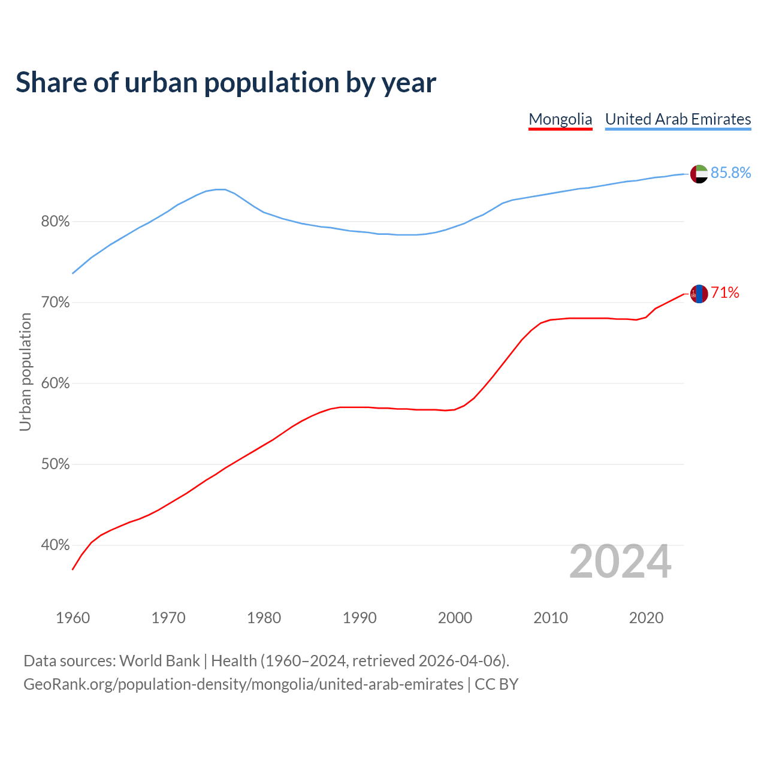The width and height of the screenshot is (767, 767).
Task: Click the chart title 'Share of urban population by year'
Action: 226,83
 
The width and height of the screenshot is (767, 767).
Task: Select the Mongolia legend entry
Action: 560,119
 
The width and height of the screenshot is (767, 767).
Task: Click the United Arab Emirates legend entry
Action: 678,119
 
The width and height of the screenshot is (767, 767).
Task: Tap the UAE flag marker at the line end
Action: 699,174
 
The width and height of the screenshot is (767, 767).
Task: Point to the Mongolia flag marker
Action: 699,294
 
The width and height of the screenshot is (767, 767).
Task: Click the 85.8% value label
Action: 730,173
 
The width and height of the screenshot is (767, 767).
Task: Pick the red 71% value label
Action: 725,293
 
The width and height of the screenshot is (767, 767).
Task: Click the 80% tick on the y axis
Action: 55,222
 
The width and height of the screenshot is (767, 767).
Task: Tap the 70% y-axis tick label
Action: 55,303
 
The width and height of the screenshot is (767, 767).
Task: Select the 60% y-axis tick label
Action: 55,383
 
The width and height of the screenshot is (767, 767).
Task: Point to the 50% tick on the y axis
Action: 55,464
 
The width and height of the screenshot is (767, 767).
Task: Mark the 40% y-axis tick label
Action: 55,545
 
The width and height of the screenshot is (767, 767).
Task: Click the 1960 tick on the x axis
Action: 73,618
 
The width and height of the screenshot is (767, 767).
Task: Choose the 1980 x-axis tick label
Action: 264,618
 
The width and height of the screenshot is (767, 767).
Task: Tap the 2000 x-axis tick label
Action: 455,618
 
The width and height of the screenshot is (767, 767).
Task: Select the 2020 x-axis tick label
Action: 646,618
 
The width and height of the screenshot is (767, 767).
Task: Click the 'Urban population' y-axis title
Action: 25,372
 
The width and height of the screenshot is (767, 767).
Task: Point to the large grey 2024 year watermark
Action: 620,562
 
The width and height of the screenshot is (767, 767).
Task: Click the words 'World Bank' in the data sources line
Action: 159,661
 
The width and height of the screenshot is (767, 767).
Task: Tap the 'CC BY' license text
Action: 496,684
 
